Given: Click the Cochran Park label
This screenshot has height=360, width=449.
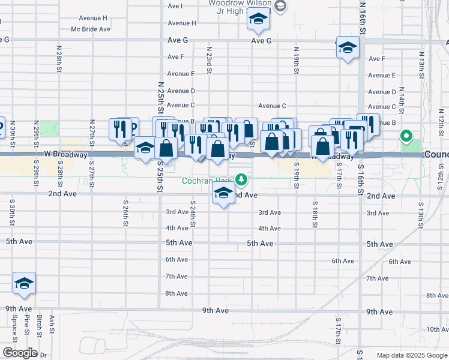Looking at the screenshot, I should pos(209,180).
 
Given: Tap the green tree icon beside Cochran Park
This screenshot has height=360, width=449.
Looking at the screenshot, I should pos(241,179).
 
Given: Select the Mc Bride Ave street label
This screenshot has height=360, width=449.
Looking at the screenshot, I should pos(91,29).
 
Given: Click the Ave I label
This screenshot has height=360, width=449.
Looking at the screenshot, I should pos(175,6).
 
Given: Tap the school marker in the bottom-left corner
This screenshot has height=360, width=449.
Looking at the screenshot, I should pos(24,283).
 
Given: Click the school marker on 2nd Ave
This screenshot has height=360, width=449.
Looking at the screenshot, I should pos(223,194).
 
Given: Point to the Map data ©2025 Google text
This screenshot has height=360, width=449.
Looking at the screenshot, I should pos(411,355).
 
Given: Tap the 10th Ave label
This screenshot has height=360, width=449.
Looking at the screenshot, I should pos(437,329).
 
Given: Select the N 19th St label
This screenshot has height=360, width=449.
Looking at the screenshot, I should pos(297,61).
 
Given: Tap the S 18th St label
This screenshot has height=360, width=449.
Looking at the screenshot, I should pos(315,214).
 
